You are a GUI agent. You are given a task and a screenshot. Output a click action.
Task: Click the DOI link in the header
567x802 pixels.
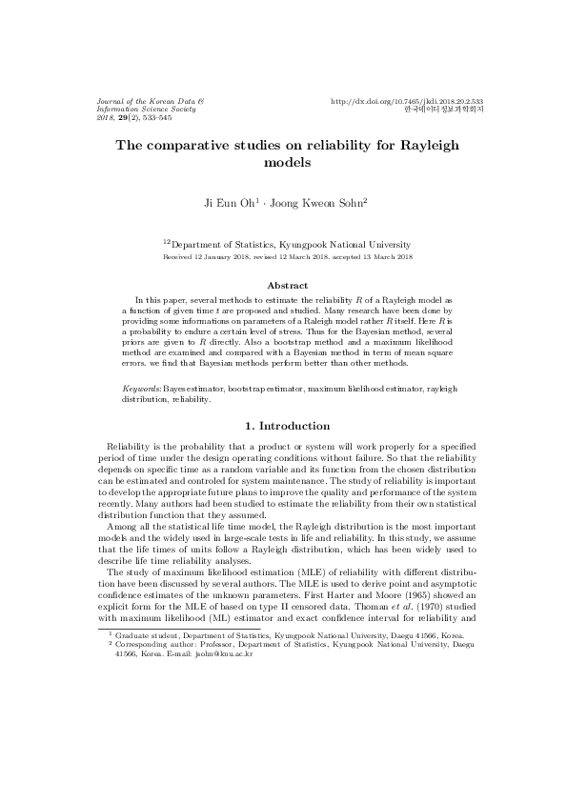click(407, 101)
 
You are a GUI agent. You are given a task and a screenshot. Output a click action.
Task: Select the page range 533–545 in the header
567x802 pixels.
click(152, 117)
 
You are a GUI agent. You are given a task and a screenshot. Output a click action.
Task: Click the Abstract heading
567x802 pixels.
click(287, 286)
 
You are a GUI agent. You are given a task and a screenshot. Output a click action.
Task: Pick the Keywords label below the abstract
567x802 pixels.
click(143, 391)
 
